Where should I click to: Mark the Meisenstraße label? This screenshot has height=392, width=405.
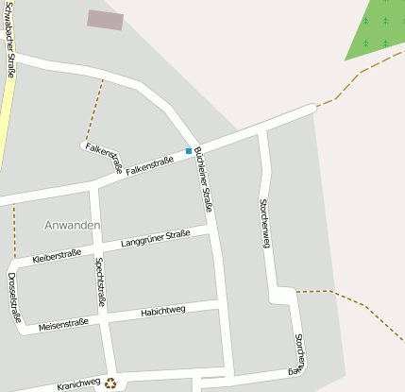(63, 323)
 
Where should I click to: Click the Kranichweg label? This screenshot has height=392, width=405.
(77, 384)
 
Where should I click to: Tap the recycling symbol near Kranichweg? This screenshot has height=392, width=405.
(111, 383)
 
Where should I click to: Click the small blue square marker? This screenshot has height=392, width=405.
(189, 151)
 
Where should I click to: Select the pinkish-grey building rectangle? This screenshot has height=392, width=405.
(105, 20)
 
